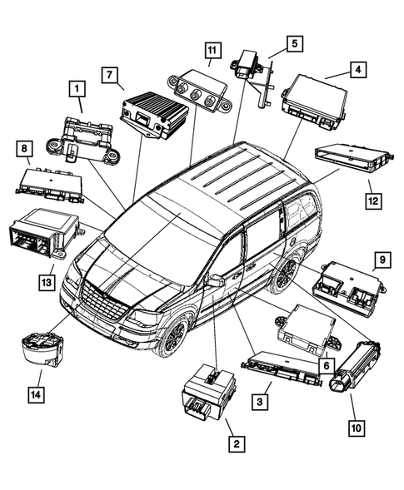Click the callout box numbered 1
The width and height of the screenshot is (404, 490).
point(77,87)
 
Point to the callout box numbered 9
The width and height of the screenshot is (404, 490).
point(381,260)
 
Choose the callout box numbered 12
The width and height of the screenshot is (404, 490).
point(372,200)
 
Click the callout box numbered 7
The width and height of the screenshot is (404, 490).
point(109,75)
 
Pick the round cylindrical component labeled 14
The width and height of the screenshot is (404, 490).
point(42,349)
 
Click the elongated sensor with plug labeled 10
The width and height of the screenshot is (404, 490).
point(357,365)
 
